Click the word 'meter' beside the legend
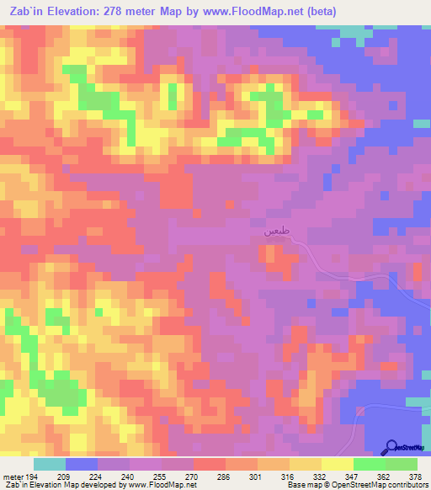[12, 476]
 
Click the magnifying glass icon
[393, 447]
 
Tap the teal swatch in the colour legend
[50, 464]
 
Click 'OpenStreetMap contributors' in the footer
[380, 486]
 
